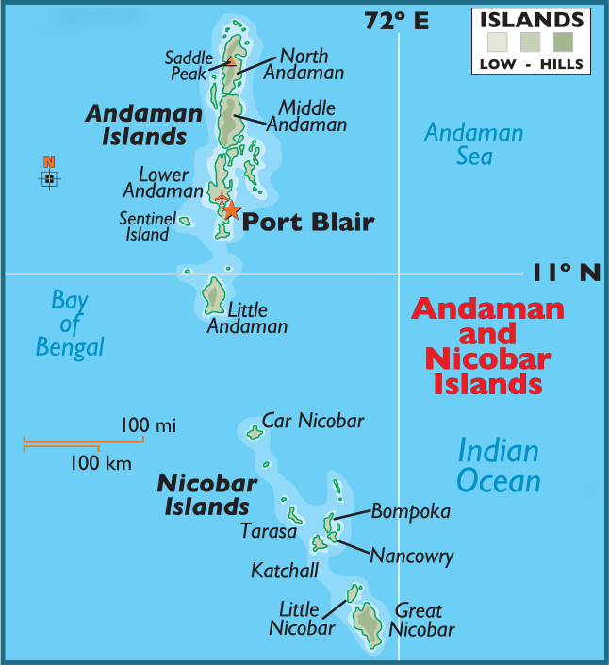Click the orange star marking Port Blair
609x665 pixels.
tap(230, 210)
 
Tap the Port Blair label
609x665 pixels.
tap(309, 223)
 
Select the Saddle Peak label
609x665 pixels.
tap(189, 65)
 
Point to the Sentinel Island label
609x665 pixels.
tap(147, 226)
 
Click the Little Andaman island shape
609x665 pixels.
tap(214, 295)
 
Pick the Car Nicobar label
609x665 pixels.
tap(312, 421)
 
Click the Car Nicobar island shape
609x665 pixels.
tap(254, 433)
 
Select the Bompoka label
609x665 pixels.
tap(410, 511)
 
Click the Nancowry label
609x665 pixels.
tap(411, 556)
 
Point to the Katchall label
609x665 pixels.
tap(284, 571)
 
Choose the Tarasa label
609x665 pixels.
tap(268, 531)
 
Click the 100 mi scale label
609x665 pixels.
tap(148, 425)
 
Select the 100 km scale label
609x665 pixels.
tap(101, 462)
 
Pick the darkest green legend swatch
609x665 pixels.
tap(564, 41)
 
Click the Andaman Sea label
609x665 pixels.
tap(473, 143)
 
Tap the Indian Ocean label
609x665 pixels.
tap(499, 466)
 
